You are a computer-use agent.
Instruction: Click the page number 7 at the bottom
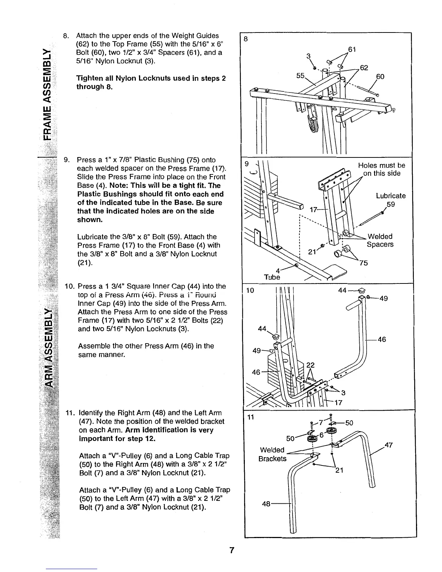(232, 550)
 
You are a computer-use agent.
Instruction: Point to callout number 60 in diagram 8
(380, 77)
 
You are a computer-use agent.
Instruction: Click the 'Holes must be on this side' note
(381, 169)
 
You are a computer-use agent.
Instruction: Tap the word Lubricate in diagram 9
(391, 196)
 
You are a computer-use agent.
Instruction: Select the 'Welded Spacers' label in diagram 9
(380, 240)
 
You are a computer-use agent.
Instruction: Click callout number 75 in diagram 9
(363, 263)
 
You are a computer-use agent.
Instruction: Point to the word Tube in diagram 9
(272, 277)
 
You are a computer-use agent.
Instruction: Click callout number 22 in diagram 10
(310, 365)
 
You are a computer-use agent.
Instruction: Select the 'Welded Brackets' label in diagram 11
(272, 454)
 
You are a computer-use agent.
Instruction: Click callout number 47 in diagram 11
(389, 445)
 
